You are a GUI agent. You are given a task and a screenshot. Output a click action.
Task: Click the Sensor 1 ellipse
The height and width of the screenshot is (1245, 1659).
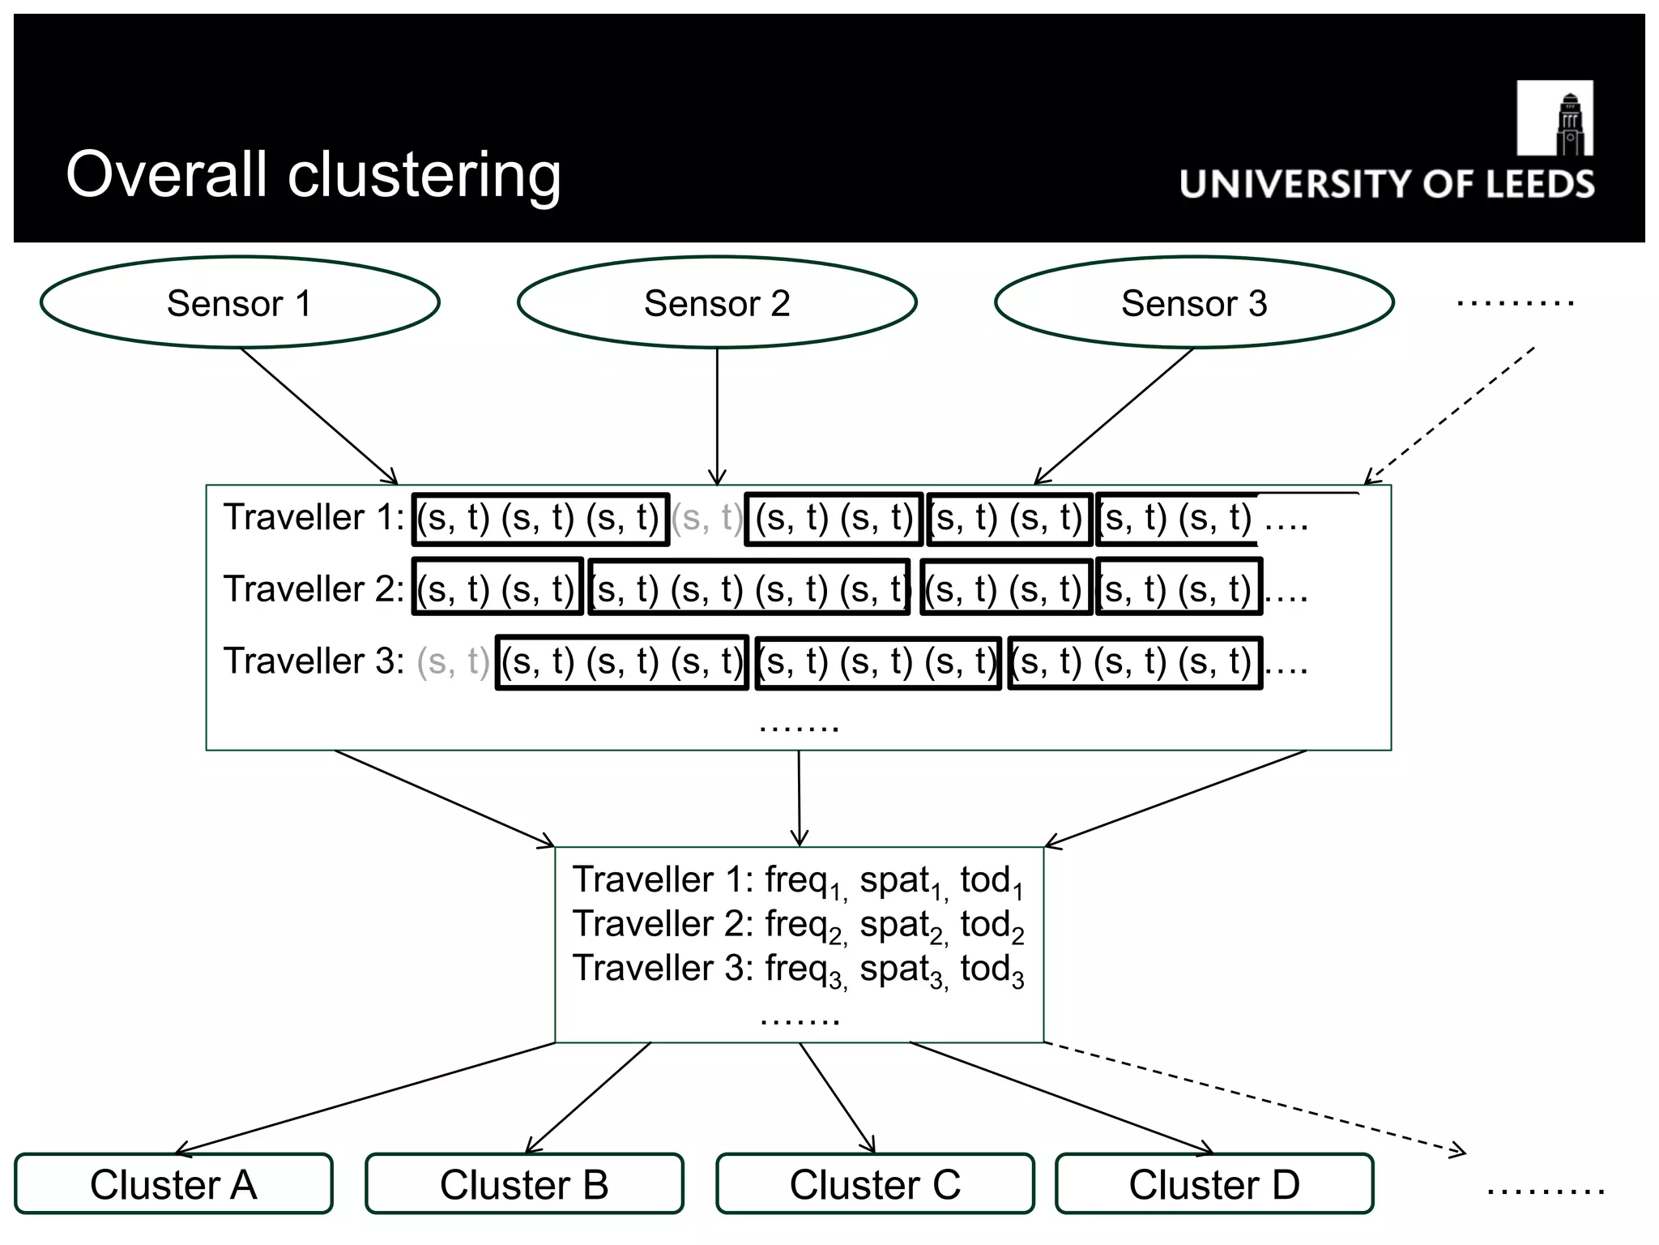tap(240, 303)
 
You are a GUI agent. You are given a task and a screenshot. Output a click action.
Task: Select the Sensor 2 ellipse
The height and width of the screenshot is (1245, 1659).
tap(717, 303)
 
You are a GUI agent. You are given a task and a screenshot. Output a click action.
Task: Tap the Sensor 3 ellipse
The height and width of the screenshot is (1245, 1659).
tap(1194, 303)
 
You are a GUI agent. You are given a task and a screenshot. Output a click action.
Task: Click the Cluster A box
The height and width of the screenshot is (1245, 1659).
tap(173, 1184)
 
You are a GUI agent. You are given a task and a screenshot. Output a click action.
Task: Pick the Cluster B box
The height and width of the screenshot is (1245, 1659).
tap(524, 1184)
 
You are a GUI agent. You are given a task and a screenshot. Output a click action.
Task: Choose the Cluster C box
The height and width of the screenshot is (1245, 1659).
tap(875, 1184)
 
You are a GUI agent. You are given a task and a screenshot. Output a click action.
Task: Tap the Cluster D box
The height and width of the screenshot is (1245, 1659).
tap(1214, 1184)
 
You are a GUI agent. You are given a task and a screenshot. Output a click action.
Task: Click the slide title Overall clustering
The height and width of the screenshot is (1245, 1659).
tap(313, 174)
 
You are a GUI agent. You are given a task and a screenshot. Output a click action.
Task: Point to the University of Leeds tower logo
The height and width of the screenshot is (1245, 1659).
tap(1555, 118)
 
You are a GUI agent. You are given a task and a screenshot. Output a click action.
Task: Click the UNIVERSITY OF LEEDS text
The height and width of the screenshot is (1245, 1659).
tap(1387, 185)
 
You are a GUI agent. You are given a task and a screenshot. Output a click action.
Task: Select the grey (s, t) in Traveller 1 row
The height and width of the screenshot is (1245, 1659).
tap(707, 518)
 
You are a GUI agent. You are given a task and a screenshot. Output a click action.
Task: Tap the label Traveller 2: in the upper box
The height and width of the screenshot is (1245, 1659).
tap(313, 589)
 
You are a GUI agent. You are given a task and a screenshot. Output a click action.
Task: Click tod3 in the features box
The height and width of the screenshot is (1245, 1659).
tap(992, 970)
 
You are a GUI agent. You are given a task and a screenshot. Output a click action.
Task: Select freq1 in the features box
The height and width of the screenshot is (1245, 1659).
tap(805, 882)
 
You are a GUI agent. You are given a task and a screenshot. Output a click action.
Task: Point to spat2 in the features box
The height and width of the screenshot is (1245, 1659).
tap(902, 926)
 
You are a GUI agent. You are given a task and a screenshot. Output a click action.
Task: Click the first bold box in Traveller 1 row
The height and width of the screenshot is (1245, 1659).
tap(541, 519)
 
